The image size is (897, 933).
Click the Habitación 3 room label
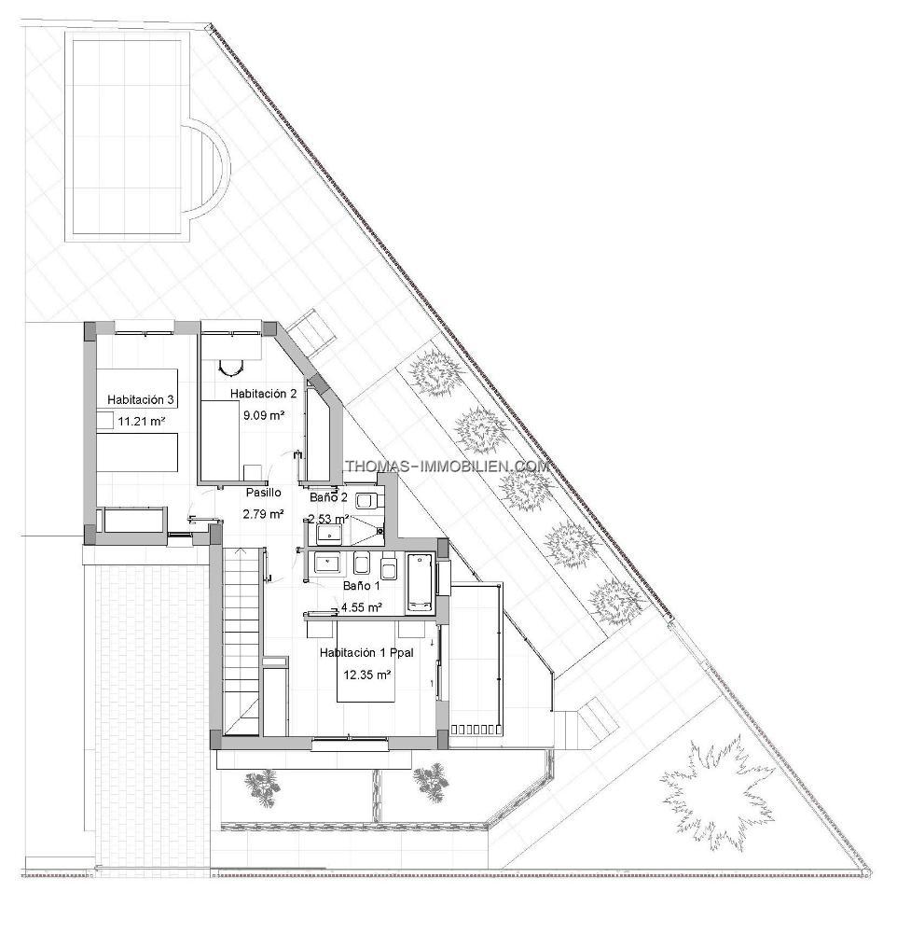click(141, 400)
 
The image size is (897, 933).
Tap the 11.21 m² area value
click(141, 422)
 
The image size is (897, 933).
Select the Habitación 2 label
click(264, 394)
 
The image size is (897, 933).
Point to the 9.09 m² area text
click(264, 415)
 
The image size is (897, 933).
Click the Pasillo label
click(264, 493)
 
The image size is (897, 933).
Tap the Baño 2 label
click(328, 497)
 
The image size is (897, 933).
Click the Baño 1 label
click(362, 586)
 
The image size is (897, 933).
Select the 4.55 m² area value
click(361, 607)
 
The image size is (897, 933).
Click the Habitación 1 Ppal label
click(366, 653)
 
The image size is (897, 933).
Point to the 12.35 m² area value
click(367, 675)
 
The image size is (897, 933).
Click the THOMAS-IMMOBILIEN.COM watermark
click(448, 466)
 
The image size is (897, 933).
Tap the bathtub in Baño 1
click(421, 583)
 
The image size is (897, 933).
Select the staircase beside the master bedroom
click(241, 643)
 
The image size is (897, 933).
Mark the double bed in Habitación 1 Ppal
click(366, 661)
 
